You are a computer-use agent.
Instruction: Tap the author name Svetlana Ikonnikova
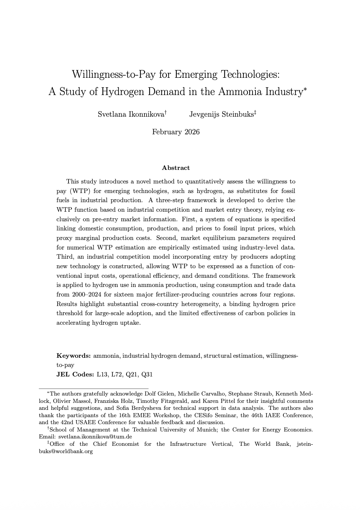click(x=131, y=114)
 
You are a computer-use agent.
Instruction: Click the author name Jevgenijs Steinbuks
click(x=221, y=114)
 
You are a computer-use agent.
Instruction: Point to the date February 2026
click(x=176, y=132)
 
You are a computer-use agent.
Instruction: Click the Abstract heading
click(x=176, y=168)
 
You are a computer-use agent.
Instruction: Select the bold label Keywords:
click(x=73, y=356)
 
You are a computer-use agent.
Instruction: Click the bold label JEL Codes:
click(x=75, y=375)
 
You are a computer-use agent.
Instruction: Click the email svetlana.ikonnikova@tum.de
click(x=95, y=437)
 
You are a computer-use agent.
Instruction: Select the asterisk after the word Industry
click(x=305, y=88)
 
